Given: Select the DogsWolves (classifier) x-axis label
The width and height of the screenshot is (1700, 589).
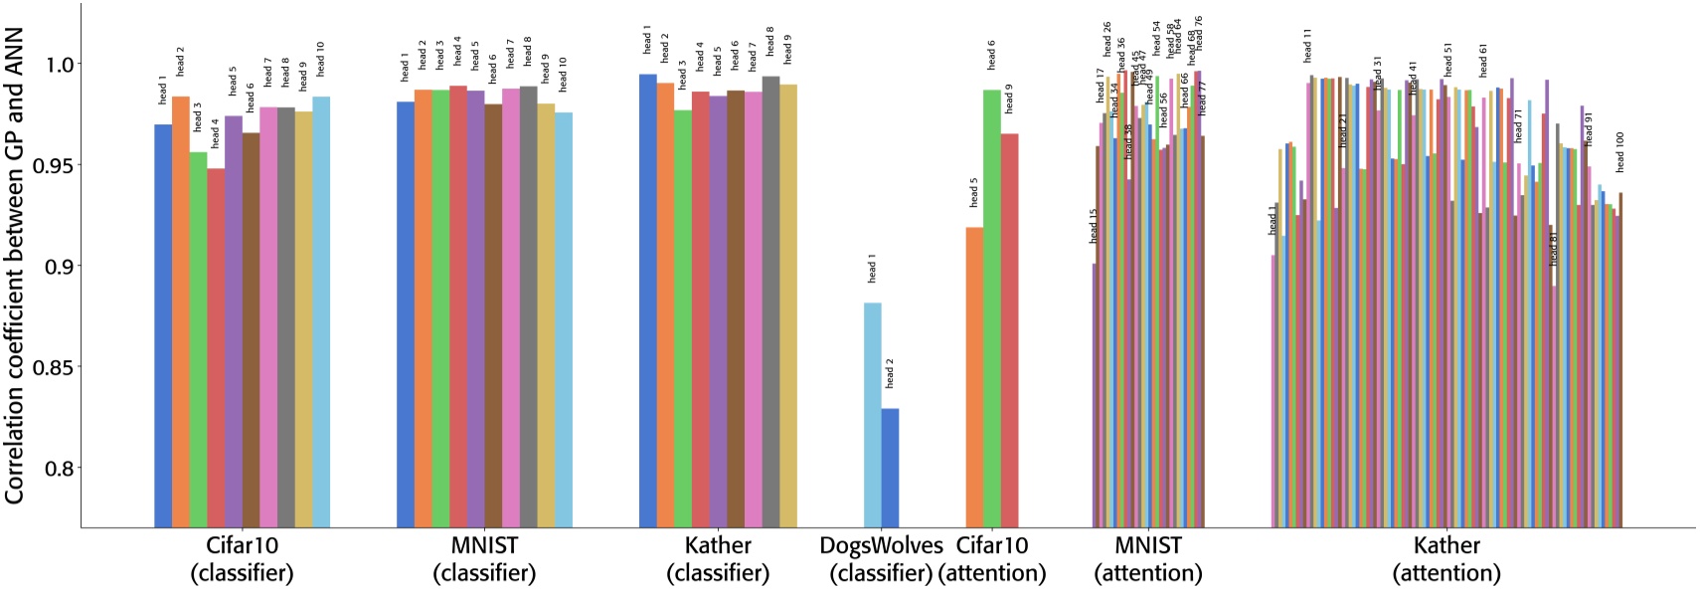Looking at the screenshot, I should [881, 559].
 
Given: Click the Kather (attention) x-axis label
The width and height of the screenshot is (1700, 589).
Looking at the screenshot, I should [1446, 559].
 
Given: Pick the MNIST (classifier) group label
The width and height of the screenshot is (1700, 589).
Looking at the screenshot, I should [484, 559].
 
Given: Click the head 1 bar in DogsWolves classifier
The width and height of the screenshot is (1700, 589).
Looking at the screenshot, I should [872, 414].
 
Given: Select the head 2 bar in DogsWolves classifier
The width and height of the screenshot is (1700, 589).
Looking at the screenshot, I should [890, 467].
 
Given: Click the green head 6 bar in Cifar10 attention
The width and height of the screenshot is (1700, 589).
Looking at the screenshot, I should [992, 308].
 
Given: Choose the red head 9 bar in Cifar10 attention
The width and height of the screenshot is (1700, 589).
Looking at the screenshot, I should [1009, 329].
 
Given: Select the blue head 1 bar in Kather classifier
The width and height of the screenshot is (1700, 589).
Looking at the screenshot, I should [648, 298].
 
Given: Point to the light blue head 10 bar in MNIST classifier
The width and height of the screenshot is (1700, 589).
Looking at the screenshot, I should [564, 318].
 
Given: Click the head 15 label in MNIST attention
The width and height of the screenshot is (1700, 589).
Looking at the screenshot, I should [1094, 226].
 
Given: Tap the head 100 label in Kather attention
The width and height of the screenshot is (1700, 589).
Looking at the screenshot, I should [1619, 152].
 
